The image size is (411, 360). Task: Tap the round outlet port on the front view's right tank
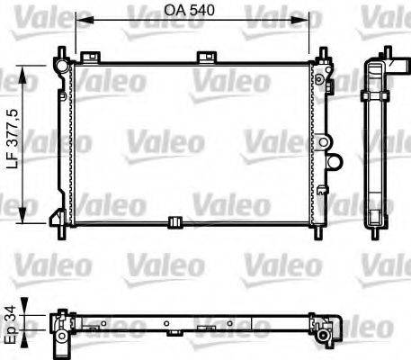335,163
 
